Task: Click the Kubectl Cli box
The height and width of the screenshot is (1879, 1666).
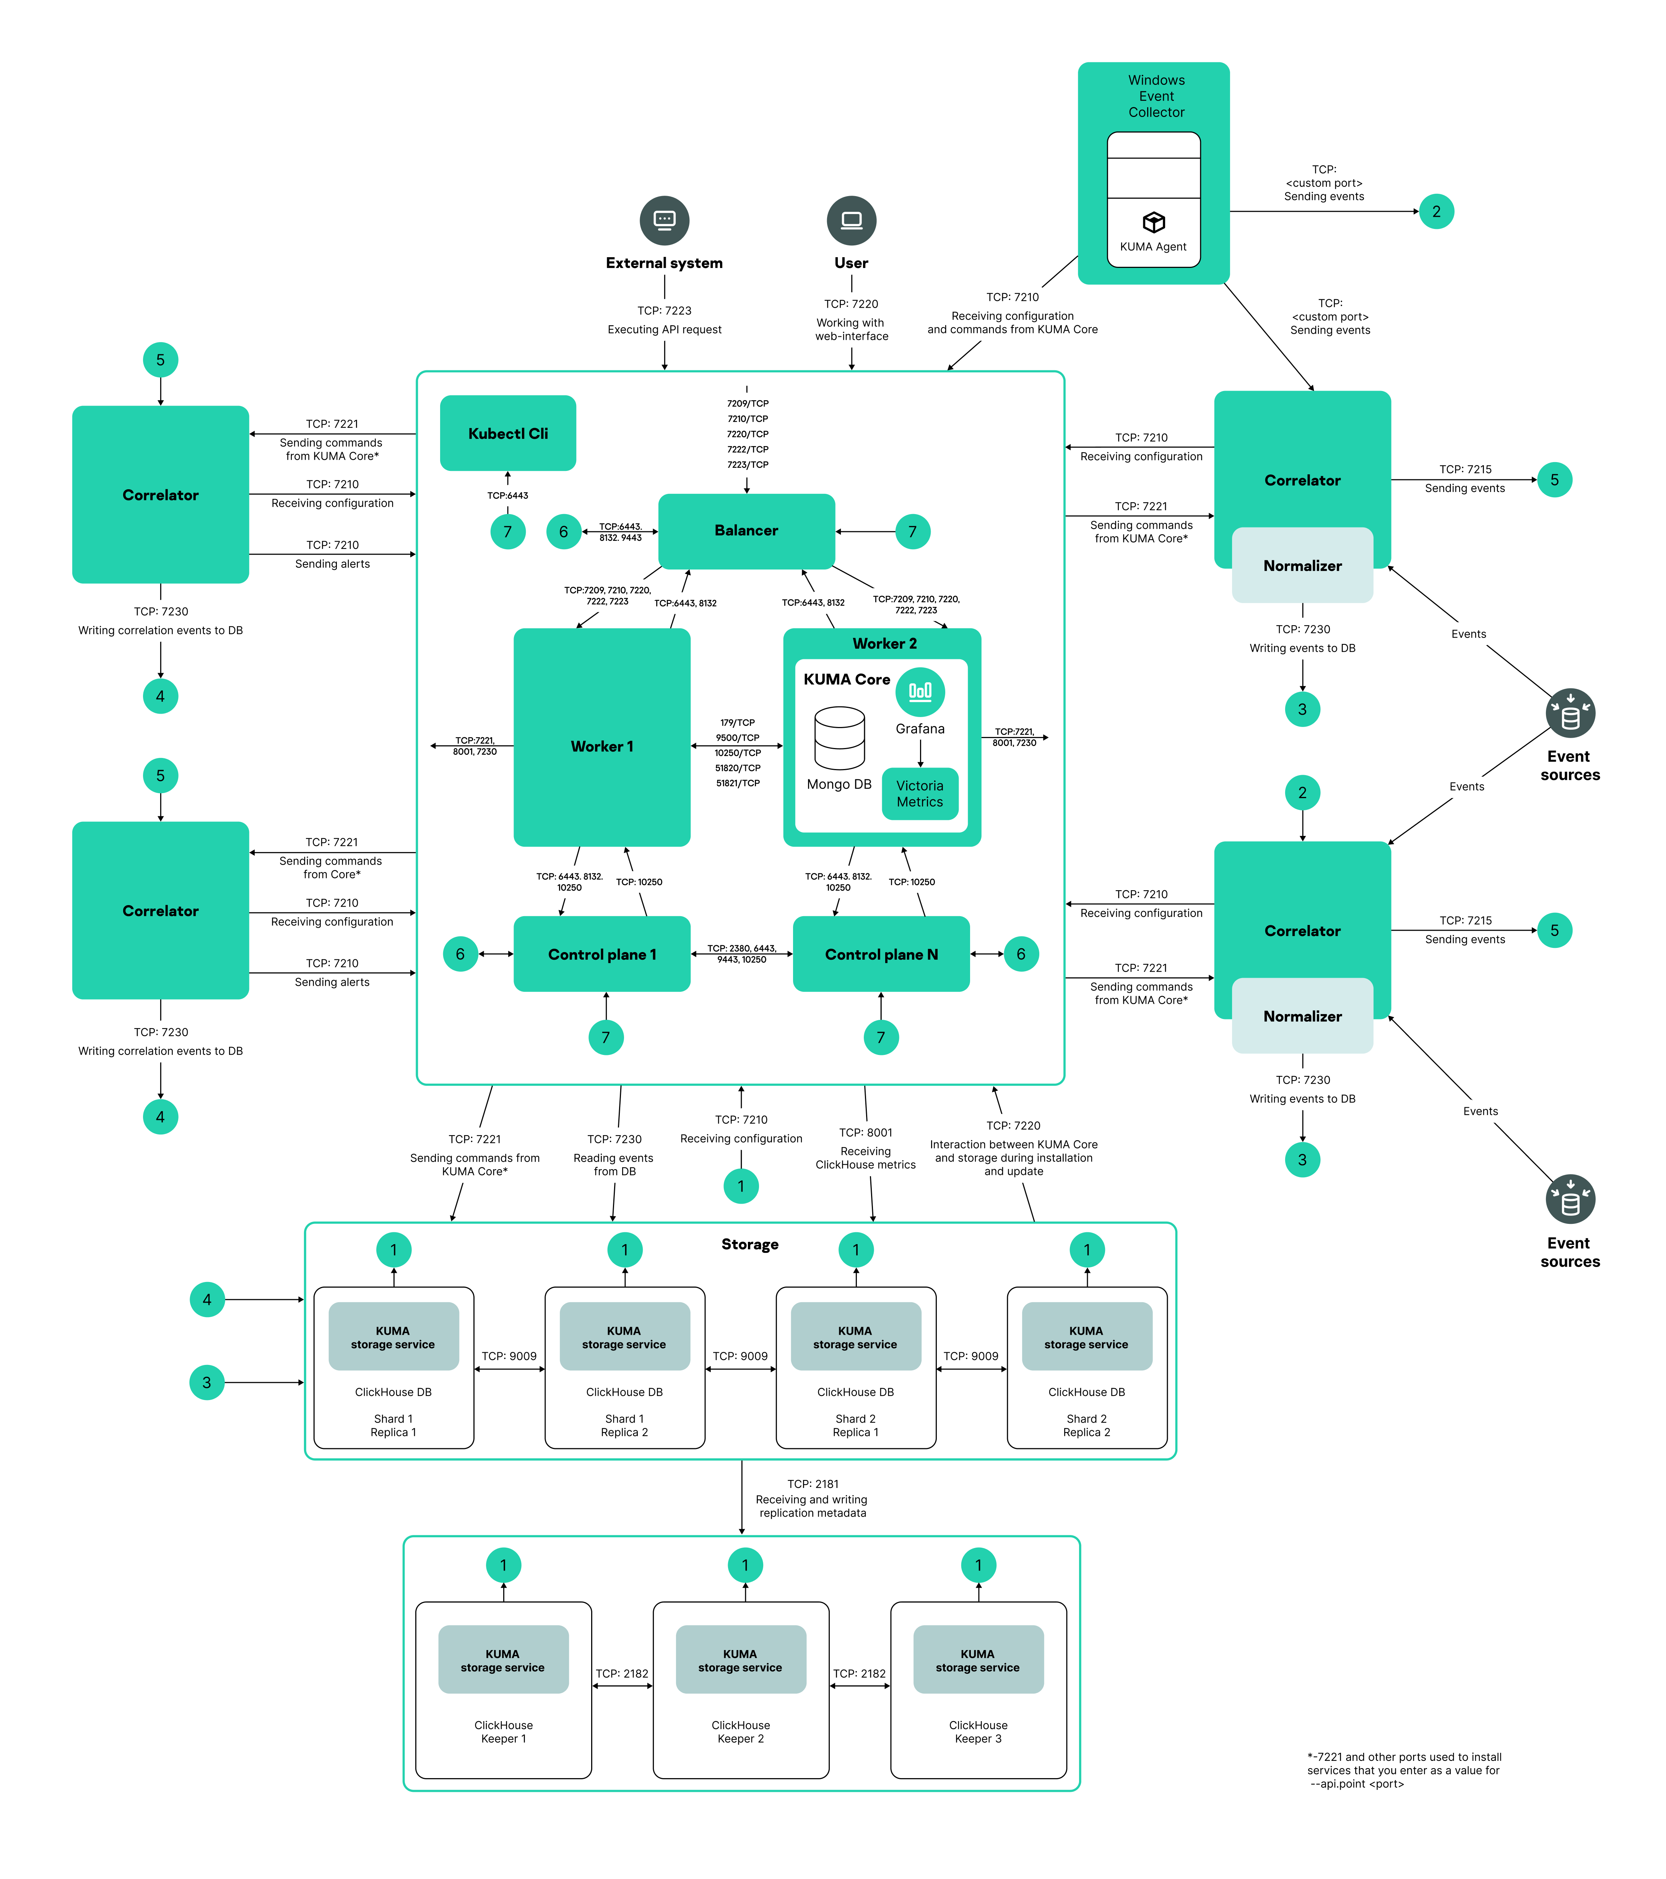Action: [x=507, y=433]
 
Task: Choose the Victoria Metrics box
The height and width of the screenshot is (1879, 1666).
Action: [x=920, y=793]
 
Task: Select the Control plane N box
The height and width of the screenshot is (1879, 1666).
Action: [x=881, y=954]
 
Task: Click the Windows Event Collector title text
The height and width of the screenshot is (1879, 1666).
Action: [x=1156, y=97]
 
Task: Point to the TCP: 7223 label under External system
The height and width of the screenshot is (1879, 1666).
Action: [x=664, y=311]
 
